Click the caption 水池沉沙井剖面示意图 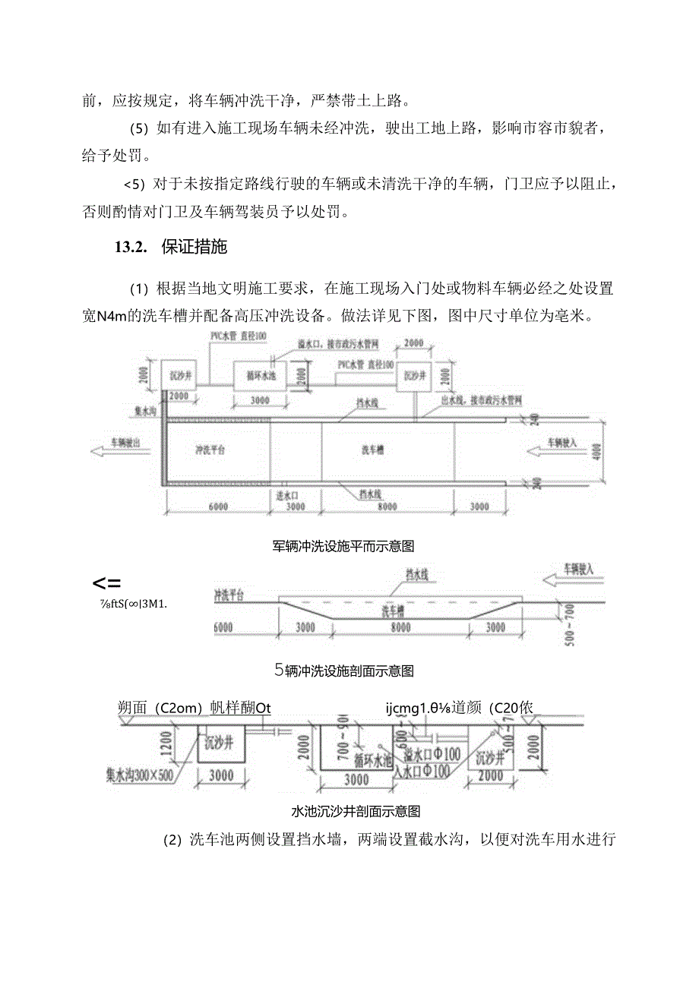point(356,811)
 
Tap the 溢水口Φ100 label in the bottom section point(432,756)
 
